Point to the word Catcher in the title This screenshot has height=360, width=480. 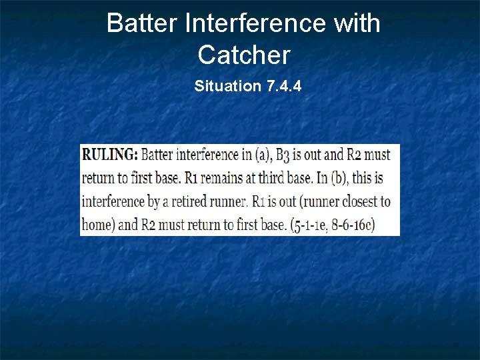point(244,55)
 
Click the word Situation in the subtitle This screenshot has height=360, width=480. point(227,86)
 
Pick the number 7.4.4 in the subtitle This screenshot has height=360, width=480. point(283,86)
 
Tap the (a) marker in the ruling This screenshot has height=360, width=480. point(263,155)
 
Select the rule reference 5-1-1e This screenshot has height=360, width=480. point(308,225)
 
